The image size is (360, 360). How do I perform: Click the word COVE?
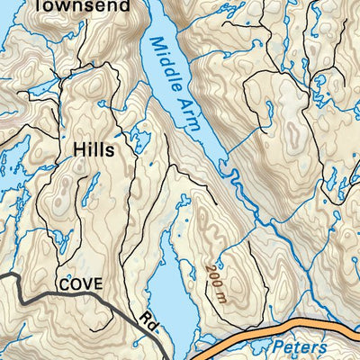point(83,283)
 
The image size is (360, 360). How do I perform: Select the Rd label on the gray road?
point(147,319)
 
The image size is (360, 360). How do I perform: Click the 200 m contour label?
point(216,274)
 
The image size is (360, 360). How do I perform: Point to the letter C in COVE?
point(65,283)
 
